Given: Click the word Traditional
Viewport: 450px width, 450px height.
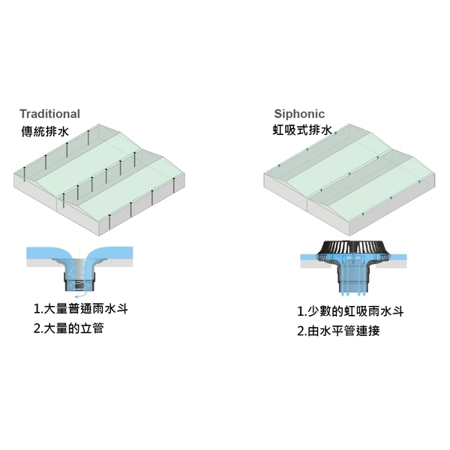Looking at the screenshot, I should click(x=49, y=114).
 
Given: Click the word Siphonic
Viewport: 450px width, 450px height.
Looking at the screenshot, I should click(x=299, y=114).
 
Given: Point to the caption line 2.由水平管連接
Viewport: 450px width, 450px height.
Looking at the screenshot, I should click(x=338, y=330).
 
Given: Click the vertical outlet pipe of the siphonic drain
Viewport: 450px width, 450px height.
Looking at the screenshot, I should click(x=352, y=279).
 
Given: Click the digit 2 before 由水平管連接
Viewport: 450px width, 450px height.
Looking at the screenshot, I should click(x=300, y=330).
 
